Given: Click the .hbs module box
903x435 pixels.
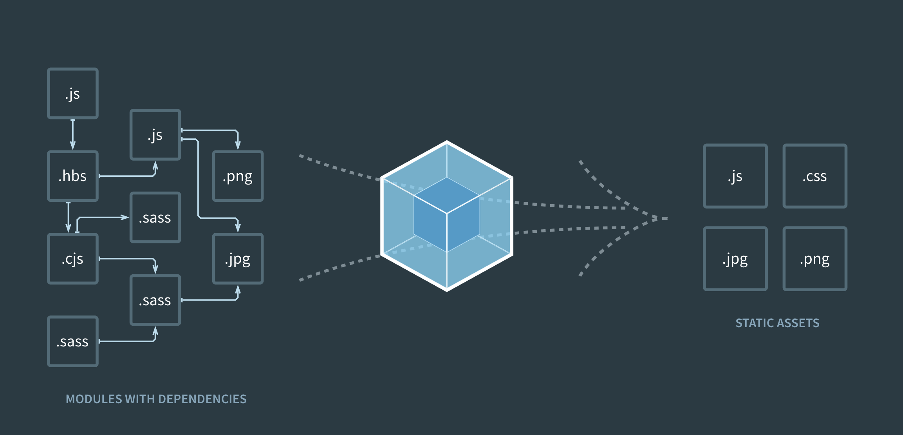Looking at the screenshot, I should click(73, 176).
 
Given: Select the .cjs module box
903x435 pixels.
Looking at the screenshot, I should click(73, 259).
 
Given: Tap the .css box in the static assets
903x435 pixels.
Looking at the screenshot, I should click(815, 176).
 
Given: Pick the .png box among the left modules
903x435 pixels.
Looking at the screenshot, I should click(238, 176).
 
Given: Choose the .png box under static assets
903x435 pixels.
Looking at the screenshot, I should click(815, 259).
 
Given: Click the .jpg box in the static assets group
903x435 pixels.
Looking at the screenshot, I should click(735, 259).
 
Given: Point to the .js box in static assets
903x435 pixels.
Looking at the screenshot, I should click(735, 176).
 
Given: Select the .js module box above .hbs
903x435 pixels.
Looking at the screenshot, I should click(73, 93).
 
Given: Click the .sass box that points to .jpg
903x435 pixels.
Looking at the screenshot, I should click(155, 300).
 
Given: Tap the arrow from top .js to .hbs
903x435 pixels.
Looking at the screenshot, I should click(73, 134).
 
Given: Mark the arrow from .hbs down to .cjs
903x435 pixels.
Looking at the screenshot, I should click(69, 217).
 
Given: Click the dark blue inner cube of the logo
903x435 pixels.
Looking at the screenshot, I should click(447, 215).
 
